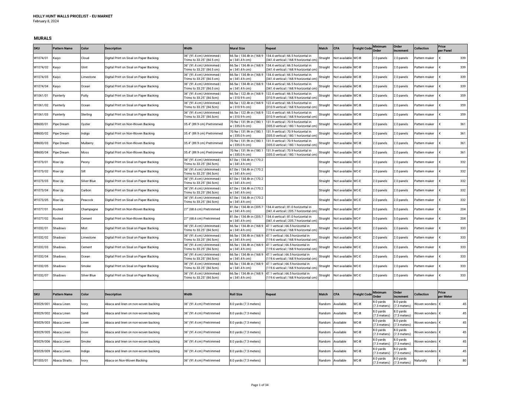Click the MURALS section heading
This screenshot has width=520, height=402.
coord(43,38)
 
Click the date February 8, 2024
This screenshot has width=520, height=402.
coord(46,21)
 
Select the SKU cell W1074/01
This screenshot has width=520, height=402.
coord(41,58)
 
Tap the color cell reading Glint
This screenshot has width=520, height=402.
coord(85,67)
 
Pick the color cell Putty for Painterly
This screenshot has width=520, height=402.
coord(85,95)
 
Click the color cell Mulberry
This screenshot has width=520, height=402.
coord(87,143)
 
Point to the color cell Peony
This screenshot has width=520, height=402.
coord(86,162)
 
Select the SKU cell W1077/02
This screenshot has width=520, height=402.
coord(41,219)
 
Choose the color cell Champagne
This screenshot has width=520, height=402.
coord(90,209)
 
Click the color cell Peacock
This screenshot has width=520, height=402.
coord(87,200)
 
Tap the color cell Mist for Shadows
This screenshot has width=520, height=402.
coord(85,228)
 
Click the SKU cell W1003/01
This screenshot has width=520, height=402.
coord(41,360)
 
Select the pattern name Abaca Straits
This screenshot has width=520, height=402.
coord(62,360)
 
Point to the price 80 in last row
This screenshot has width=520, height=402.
coord(464,360)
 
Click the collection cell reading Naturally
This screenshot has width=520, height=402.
coord(420,360)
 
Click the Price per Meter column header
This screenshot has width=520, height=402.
coord(445,294)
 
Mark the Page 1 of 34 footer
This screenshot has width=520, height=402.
coord(260,385)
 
